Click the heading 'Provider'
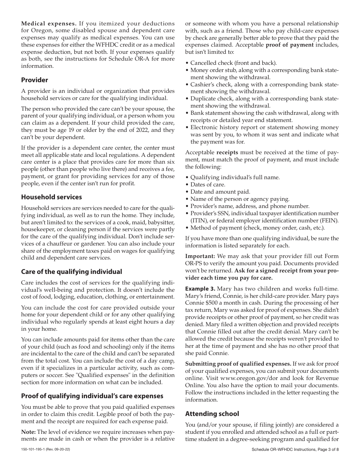pyautogui.click(x=34, y=80)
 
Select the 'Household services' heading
pyautogui.click(x=51, y=197)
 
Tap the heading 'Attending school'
pyautogui.click(x=212, y=414)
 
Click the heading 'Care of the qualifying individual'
pyautogui.click(x=71, y=272)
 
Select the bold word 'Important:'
pyautogui.click(x=200, y=256)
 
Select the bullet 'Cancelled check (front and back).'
pyautogui.click(x=233, y=63)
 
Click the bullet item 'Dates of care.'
pyautogui.click(x=208, y=185)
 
